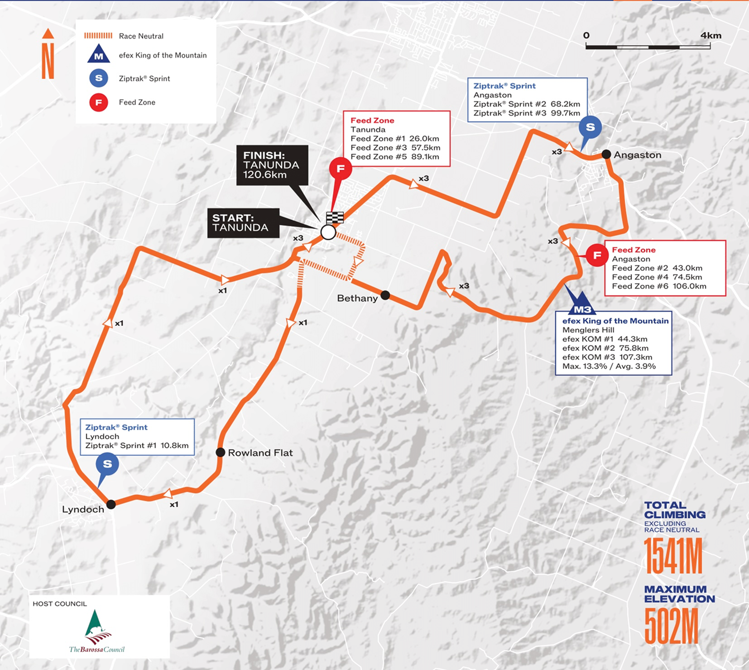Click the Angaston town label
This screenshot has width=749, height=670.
point(637,155)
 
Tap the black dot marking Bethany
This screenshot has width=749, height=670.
point(385,295)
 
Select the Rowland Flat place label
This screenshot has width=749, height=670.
point(260,453)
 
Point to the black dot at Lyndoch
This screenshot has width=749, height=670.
point(111,504)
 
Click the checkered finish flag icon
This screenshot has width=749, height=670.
point(335,217)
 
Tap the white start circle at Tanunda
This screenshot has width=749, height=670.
point(328,232)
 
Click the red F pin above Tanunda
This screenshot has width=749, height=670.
point(341,169)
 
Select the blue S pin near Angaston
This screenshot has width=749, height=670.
point(590,127)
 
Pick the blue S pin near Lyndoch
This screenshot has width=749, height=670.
point(107,464)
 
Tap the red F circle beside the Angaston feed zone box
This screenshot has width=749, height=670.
point(597,255)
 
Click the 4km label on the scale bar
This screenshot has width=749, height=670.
point(711,35)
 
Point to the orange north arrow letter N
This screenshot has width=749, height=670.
point(48,61)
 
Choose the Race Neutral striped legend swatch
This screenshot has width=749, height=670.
point(98,36)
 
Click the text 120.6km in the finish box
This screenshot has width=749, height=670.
point(265,175)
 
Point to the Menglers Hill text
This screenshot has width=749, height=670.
point(588,330)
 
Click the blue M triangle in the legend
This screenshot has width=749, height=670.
point(99,54)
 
